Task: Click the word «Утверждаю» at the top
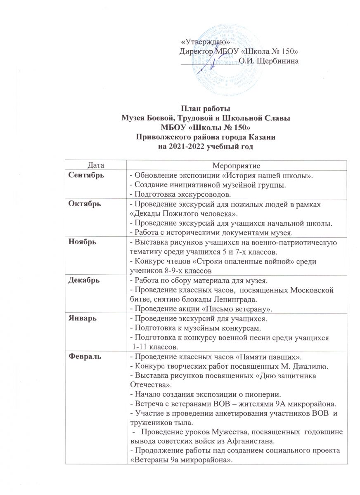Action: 206,42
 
